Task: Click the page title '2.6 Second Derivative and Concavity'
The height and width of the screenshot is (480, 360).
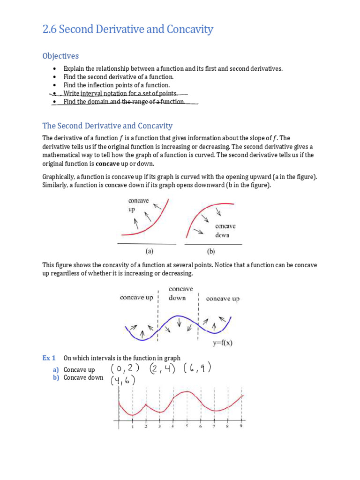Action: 127,30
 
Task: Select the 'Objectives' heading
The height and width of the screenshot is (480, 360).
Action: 60,56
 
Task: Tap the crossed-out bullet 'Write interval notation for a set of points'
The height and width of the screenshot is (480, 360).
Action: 120,93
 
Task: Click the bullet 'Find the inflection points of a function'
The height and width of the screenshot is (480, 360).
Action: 117,85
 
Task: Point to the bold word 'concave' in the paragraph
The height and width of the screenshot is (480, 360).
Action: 107,164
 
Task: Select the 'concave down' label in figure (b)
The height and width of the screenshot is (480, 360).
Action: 225,230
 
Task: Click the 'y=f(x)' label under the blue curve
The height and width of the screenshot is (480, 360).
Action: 220,342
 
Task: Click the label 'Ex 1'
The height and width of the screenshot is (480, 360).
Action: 49,358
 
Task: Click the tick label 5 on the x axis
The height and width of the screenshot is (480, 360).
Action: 187,427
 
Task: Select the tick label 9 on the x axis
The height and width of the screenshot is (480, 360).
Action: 241,427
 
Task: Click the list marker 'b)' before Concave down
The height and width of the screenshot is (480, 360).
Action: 56,377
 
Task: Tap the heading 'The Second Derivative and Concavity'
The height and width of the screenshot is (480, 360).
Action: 107,126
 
